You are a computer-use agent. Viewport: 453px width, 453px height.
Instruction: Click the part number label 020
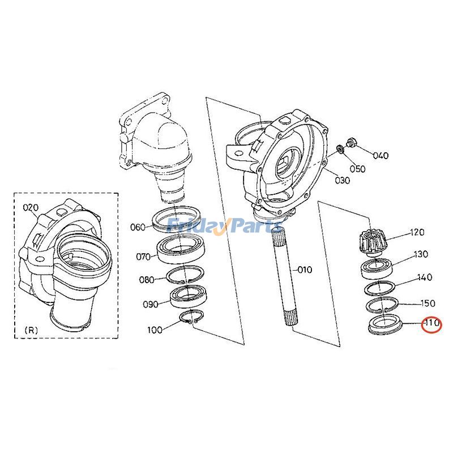pos(30,208)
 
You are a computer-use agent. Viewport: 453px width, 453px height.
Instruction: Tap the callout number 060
pos(138,227)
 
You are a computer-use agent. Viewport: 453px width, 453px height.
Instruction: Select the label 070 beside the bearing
pos(143,257)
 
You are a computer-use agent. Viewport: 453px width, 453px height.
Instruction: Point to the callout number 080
pos(147,279)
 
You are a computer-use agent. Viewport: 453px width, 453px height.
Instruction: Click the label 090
pos(150,304)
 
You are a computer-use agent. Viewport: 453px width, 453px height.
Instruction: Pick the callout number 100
pos(154,329)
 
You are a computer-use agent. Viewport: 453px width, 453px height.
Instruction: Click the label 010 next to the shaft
pos(305,270)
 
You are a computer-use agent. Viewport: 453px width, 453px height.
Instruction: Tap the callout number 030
pos(342,181)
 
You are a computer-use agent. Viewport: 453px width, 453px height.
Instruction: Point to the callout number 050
pos(357,169)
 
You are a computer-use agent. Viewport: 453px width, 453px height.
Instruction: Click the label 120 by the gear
pos(417,232)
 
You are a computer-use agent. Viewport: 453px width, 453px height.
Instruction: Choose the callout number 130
pos(421,254)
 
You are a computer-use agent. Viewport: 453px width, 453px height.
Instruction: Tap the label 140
pos(424,277)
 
